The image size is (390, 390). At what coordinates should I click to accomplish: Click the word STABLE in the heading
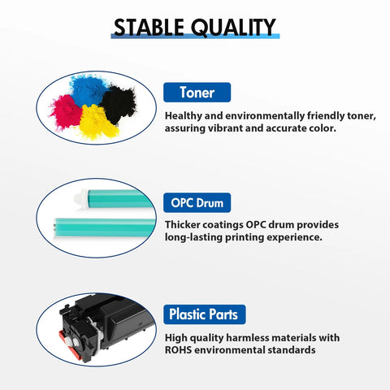149,27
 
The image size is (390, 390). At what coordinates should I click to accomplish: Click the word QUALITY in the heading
233,28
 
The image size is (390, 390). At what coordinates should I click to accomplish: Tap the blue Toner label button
197,93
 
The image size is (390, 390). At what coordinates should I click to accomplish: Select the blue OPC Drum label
197,203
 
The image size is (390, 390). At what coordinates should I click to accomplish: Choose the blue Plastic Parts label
205,314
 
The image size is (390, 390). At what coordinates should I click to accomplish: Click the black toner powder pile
118,104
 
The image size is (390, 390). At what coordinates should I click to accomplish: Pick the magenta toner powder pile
66,111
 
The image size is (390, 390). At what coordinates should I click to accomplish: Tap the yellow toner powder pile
98,122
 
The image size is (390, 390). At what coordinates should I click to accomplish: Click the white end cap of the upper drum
80,197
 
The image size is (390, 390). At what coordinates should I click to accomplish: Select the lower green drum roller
105,227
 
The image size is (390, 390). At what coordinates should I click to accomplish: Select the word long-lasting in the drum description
193,237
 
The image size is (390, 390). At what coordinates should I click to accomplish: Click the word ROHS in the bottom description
178,350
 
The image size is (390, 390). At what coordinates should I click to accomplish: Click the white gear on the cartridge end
75,343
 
